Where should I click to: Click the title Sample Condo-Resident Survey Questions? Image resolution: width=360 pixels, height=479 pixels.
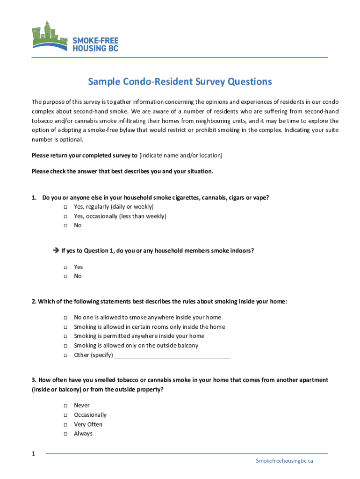180,82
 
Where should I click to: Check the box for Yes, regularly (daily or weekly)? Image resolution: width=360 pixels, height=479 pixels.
65,207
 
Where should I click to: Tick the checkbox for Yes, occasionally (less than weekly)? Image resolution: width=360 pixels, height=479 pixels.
65,216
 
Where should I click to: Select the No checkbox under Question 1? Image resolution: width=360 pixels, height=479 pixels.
65,225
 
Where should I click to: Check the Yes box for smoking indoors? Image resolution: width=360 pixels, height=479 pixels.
65,267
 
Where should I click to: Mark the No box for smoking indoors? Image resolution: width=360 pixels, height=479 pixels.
65,276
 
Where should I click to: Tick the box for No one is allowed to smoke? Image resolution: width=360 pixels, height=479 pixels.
65,318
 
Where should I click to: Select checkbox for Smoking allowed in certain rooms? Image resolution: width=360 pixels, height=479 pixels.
65,327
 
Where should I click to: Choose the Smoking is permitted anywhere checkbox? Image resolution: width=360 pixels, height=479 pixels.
65,336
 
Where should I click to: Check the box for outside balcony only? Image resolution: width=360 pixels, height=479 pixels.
65,346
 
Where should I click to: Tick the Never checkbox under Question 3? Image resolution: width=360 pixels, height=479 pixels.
65,406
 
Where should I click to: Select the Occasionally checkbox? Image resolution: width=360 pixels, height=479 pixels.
65,415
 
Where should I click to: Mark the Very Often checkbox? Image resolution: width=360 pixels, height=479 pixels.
65,425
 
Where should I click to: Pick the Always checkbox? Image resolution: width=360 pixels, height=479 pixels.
65,434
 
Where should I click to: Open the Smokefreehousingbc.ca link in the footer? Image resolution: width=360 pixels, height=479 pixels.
284,461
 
